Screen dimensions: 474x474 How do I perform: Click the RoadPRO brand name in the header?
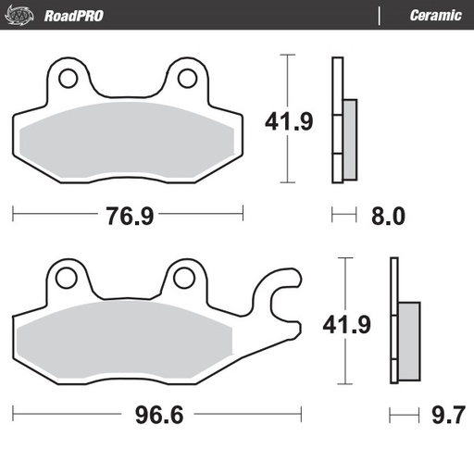point(74,15)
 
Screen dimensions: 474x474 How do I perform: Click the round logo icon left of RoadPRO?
point(25,15)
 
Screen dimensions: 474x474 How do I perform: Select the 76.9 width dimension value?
point(129,216)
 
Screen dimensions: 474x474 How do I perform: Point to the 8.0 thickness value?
point(388,216)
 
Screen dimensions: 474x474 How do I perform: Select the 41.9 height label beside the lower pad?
point(346,325)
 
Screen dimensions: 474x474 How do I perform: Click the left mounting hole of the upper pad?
point(68,79)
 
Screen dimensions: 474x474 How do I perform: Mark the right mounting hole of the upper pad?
point(188,79)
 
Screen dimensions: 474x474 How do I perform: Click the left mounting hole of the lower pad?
point(64,278)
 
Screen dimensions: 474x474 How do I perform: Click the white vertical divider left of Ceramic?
point(379,15)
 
